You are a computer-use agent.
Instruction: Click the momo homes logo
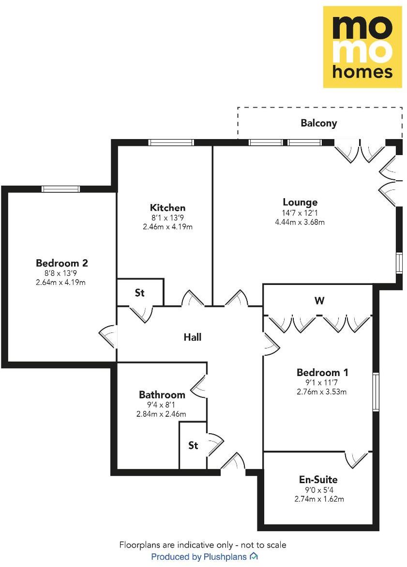(x=362, y=47)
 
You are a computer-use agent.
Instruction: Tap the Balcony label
(x=318, y=123)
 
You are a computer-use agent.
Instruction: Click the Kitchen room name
(x=167, y=208)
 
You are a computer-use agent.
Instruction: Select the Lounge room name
(x=300, y=202)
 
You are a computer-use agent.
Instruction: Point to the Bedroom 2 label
(x=61, y=263)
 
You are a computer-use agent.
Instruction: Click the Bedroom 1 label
(x=322, y=373)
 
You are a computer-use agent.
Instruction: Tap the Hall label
(x=192, y=337)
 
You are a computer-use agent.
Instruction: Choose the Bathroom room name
(x=162, y=394)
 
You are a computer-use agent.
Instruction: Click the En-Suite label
(x=318, y=480)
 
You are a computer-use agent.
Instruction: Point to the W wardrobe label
(x=319, y=301)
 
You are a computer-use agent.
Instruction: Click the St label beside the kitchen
(x=140, y=293)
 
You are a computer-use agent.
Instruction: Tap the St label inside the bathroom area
(x=193, y=445)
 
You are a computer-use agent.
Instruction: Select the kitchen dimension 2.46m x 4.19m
(x=167, y=227)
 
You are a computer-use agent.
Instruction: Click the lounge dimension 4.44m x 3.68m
(x=300, y=222)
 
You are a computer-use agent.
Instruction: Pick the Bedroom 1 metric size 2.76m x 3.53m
(x=322, y=392)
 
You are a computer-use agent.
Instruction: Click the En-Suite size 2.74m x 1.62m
(x=318, y=499)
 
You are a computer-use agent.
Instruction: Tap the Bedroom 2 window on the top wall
(x=60, y=189)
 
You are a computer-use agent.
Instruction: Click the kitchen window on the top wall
(x=171, y=142)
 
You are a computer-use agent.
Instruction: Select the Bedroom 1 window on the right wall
(x=376, y=392)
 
